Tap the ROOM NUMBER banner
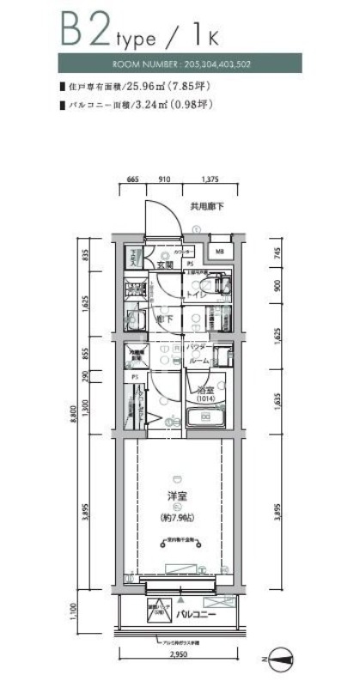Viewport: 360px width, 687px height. click(x=180, y=65)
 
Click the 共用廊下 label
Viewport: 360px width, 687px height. click(x=207, y=207)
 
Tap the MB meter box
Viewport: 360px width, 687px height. click(x=219, y=252)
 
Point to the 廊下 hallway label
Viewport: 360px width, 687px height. click(x=162, y=319)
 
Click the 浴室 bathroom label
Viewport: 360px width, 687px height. click(x=204, y=389)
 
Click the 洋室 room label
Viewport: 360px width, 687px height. click(x=178, y=495)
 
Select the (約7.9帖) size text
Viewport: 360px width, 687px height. click(x=179, y=518)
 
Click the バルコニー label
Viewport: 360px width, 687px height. click(x=197, y=615)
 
